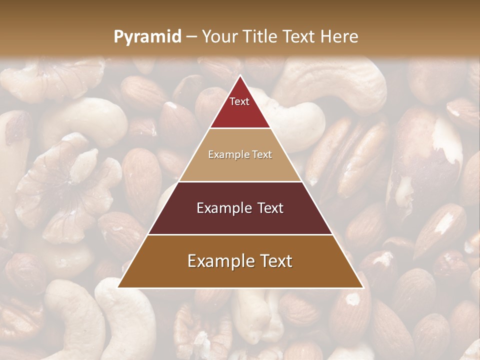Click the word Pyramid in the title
point(147,37)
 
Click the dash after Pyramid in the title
point(191,37)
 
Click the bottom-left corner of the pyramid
point(118,287)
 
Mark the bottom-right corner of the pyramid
point(362,287)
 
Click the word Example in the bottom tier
point(217,261)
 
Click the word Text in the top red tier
point(239,101)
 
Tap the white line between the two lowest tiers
point(240,234)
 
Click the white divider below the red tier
point(240,128)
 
